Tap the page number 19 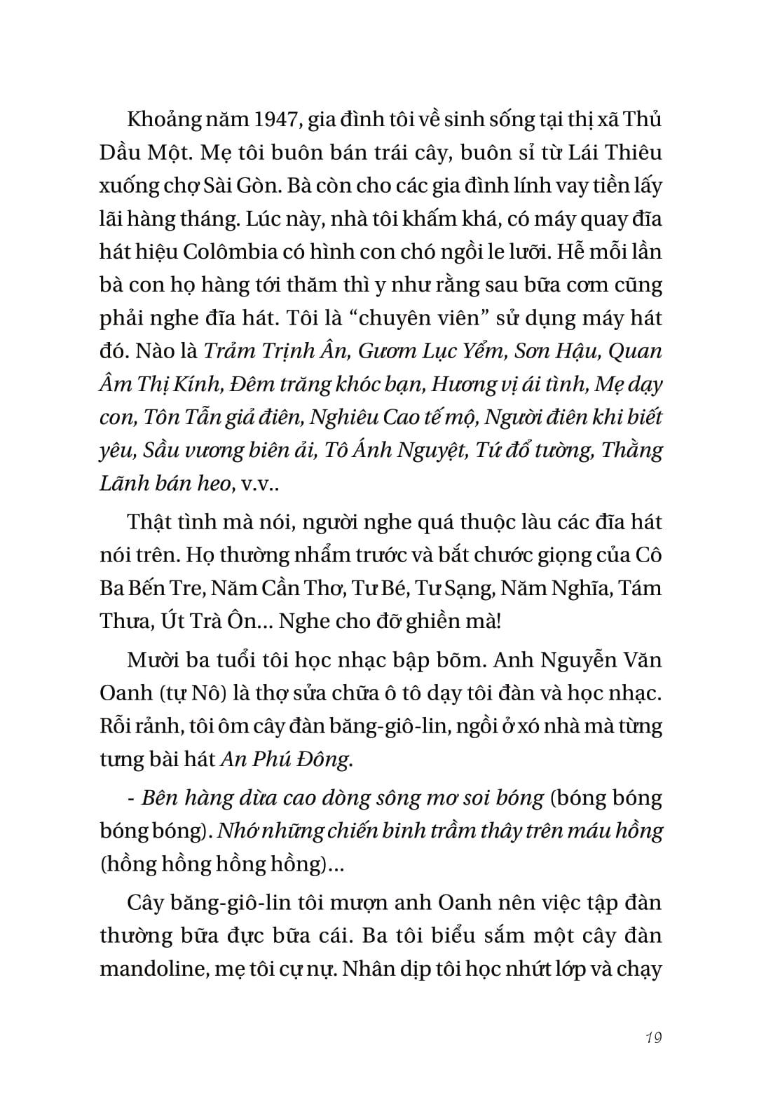pos(653,1037)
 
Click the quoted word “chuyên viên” pos(423,318)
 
